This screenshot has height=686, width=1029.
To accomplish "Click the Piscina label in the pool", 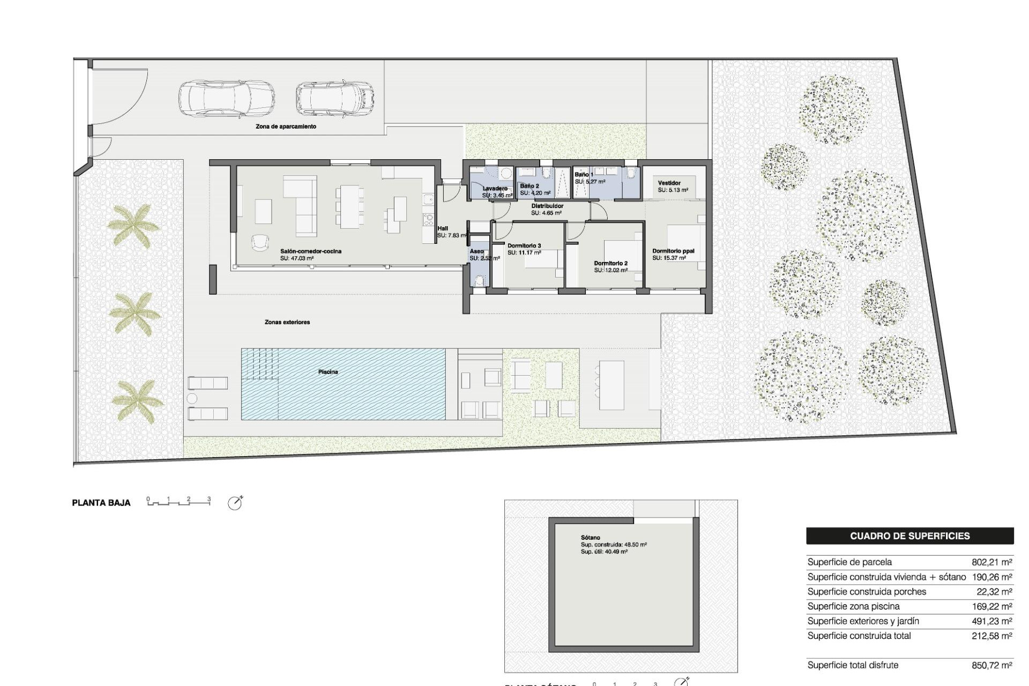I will tap(327, 372).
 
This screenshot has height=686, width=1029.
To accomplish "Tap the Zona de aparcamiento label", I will tap(286, 126).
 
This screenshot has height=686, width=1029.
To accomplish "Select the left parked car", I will tap(226, 99).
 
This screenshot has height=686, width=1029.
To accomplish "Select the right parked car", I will tap(335, 99).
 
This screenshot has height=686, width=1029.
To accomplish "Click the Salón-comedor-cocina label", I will tap(310, 251).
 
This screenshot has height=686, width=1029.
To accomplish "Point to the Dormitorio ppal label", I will tap(673, 251).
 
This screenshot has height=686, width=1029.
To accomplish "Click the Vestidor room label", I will tap(669, 183).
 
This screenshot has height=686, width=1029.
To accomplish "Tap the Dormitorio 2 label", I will tap(610, 264).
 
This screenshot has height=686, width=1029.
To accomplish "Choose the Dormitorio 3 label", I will tap(524, 246).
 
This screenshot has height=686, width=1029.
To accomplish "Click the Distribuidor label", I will tap(547, 206).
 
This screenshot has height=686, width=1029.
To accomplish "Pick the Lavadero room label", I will tap(495, 189).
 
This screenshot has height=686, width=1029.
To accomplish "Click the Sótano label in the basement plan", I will tap(590, 538).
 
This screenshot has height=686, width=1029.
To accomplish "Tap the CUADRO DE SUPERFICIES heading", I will tap(909, 536).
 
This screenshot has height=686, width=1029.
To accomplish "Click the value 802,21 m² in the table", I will tap(991, 562).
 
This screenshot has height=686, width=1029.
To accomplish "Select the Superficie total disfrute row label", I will tap(853, 665).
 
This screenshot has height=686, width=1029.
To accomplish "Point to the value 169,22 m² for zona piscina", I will tap(991, 606).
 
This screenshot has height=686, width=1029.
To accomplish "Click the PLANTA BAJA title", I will tap(101, 503).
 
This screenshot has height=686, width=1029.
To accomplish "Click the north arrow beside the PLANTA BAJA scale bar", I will tap(235, 503).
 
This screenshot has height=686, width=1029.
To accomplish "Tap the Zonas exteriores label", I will tap(287, 322).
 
